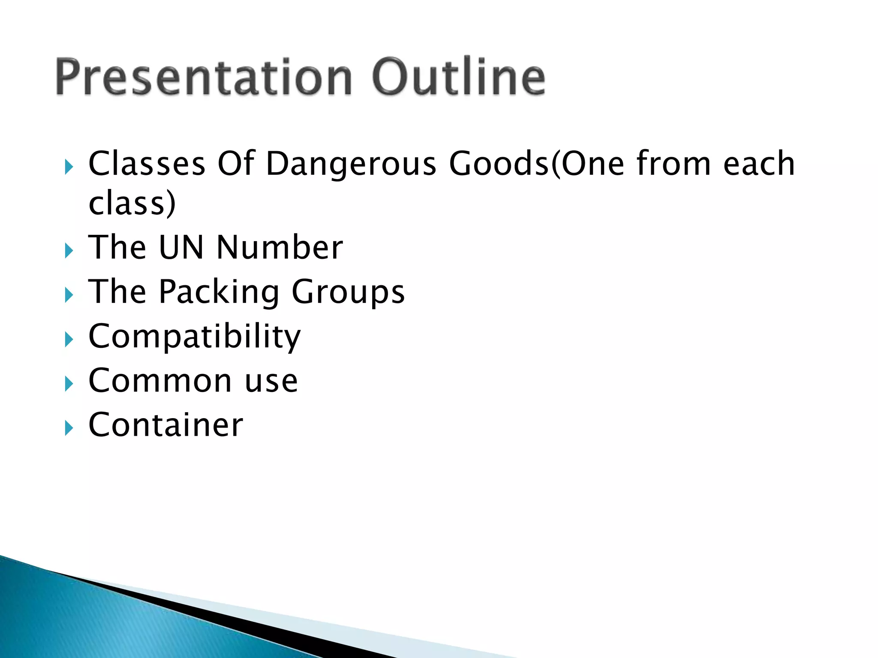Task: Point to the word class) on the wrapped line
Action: coord(132,203)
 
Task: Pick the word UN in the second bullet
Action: coord(181,248)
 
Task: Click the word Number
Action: coord(280,248)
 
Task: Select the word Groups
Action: coord(348,293)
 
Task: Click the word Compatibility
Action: coord(195,337)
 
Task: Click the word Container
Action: coord(166,425)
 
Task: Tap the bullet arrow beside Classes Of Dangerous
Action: coord(69,167)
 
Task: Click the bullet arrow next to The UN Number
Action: coord(69,250)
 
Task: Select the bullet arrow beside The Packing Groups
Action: coord(69,295)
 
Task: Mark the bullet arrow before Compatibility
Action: coord(69,339)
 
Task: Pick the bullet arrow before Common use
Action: coord(69,383)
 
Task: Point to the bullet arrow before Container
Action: coord(69,428)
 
